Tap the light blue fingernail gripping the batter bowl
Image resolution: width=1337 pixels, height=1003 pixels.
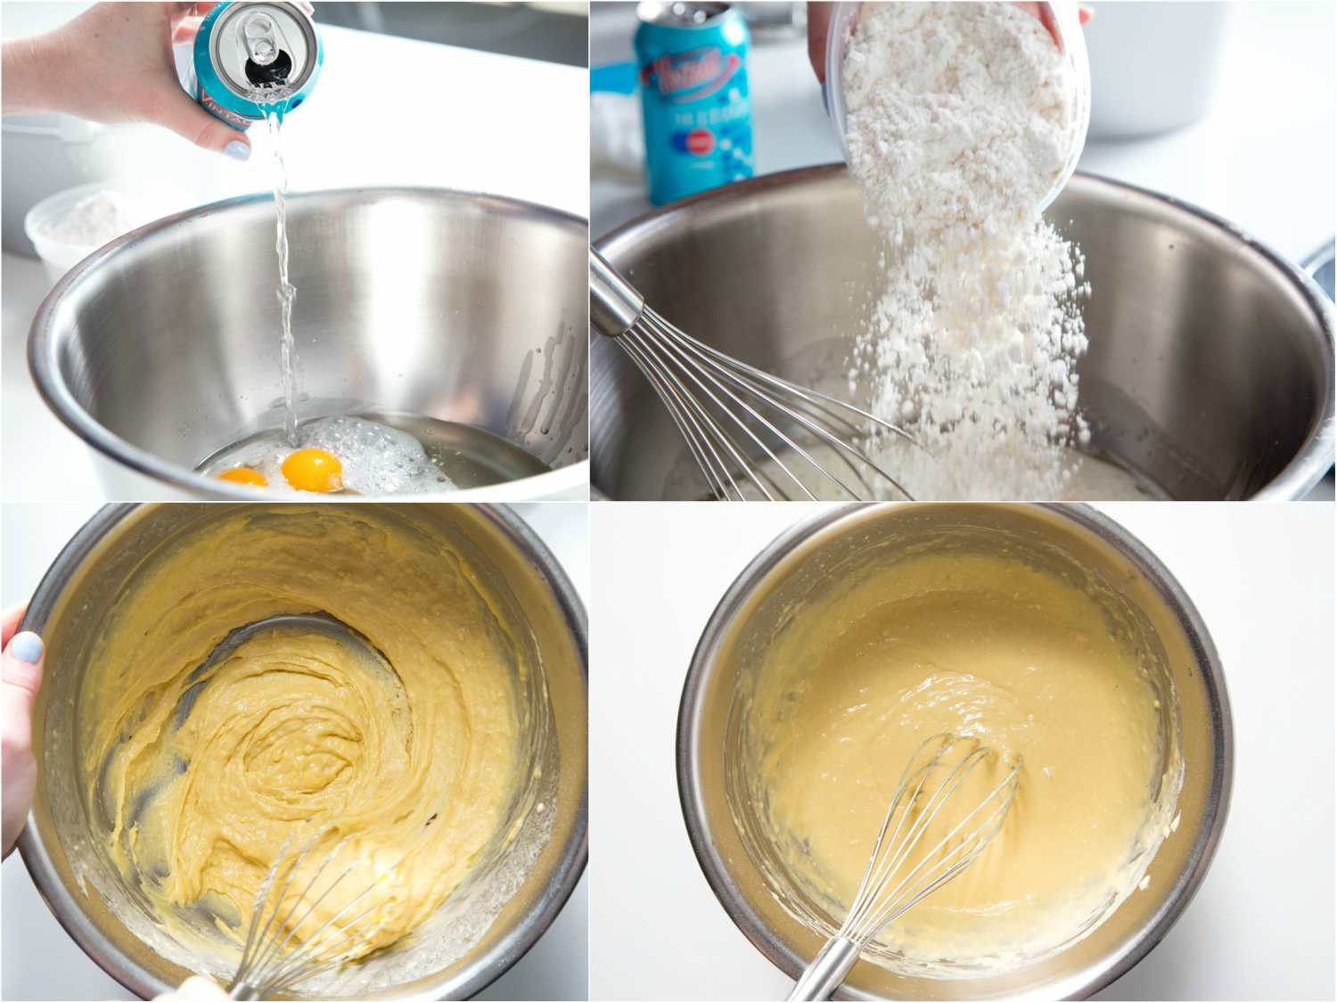tap(26, 646)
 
